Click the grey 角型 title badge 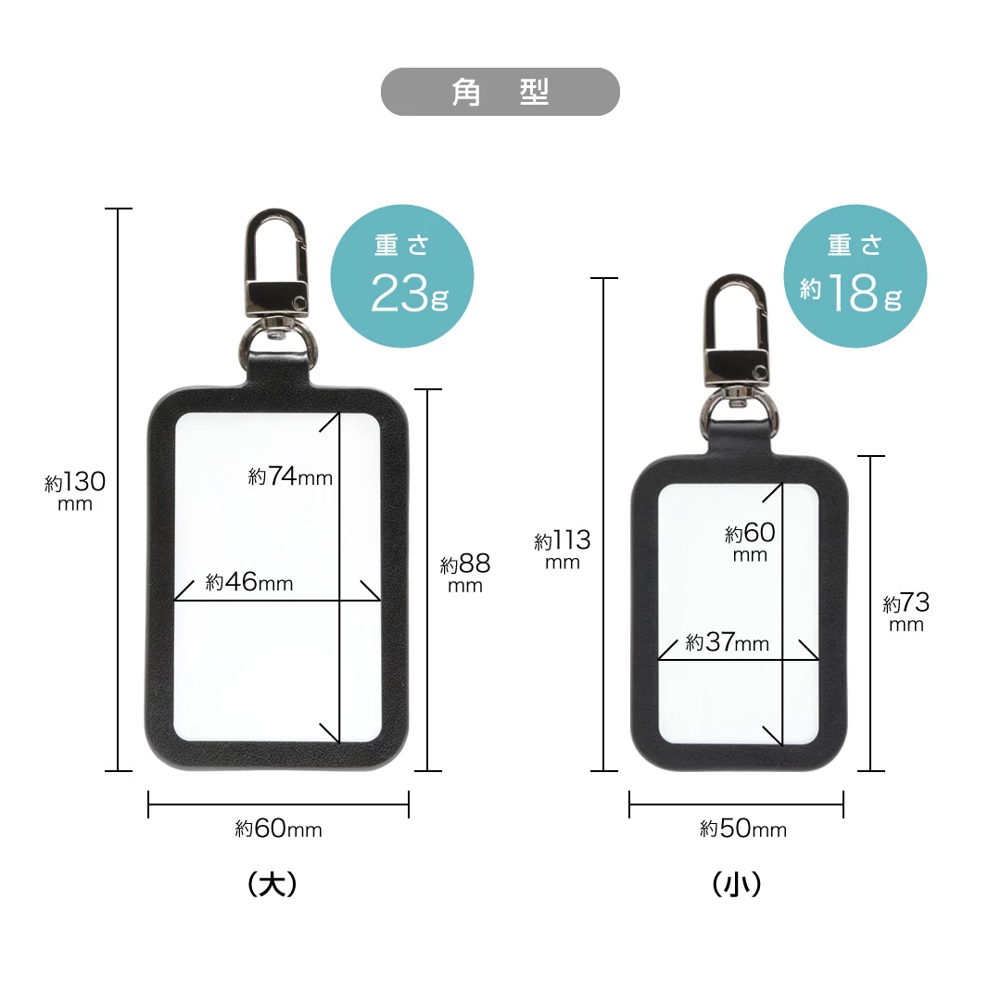coord(500,92)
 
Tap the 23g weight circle coord(402,276)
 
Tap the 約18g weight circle coord(855,276)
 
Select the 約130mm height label coord(75,491)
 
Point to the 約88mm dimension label coord(465,573)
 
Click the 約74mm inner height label coord(290,476)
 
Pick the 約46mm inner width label coord(249,581)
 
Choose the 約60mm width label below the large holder coord(278,829)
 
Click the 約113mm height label coord(563,550)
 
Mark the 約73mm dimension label coord(906,612)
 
